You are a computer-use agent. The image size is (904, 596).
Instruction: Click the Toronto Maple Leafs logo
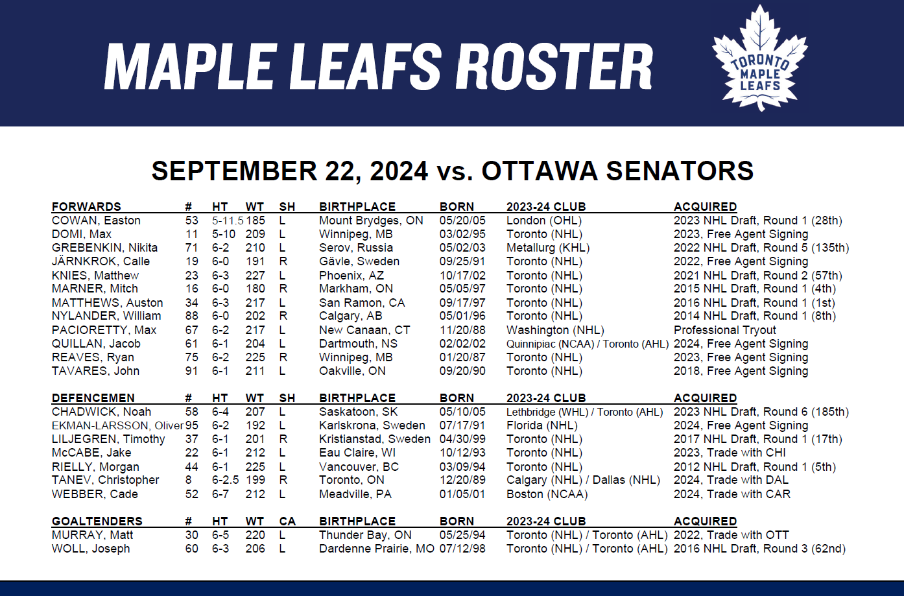760,58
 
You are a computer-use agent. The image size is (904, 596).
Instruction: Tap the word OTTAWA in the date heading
540,171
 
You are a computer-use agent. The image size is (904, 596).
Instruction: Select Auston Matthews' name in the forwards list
108,303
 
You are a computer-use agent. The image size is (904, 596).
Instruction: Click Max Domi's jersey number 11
192,234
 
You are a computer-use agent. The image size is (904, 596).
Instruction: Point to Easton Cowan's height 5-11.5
228,221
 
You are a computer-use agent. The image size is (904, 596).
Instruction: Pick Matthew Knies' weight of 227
255,276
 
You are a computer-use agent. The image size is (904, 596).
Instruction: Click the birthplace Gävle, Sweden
359,261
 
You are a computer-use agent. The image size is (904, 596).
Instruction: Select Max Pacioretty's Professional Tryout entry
725,330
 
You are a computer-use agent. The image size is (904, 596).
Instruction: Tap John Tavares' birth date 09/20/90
462,371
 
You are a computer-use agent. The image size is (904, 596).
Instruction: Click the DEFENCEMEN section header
93,398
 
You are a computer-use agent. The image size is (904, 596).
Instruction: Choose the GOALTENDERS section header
97,521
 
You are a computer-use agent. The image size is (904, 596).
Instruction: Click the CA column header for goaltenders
287,521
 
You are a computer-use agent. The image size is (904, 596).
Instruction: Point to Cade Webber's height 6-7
220,494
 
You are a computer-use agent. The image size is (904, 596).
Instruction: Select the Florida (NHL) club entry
542,425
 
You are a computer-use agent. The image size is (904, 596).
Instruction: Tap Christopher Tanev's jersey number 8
189,480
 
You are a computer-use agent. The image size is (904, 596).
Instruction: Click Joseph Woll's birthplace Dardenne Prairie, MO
377,549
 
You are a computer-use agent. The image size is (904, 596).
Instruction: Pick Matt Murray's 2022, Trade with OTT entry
732,535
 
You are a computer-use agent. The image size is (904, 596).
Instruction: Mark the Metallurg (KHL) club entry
548,248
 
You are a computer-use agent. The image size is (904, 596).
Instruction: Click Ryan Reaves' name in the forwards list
93,357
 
